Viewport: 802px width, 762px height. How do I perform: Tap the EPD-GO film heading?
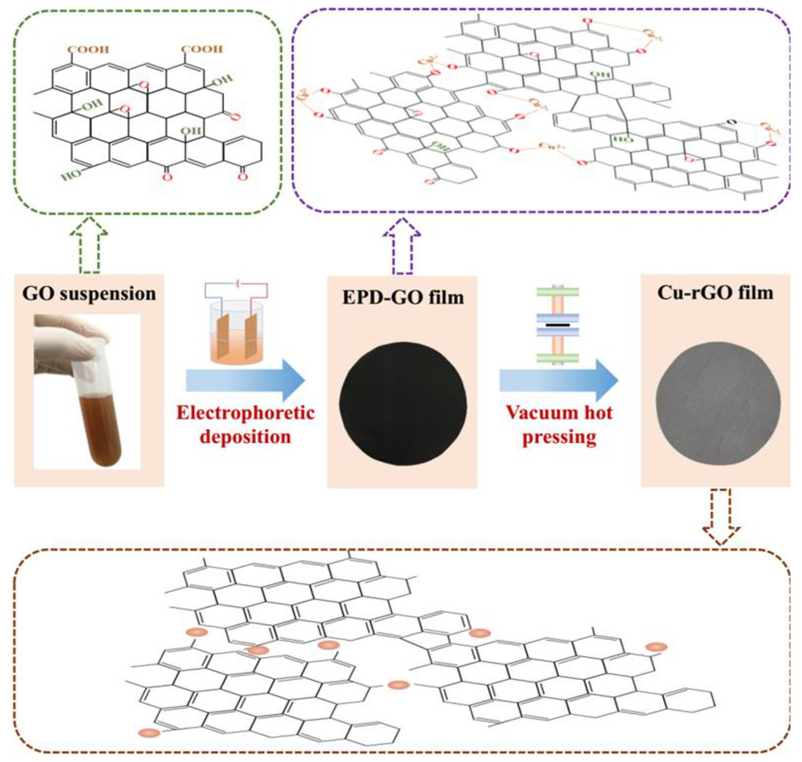point(403,297)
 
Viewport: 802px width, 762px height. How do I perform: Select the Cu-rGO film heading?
point(715,293)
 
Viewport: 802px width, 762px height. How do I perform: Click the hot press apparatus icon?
point(557,325)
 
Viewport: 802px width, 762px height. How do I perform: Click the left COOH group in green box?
point(88,50)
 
